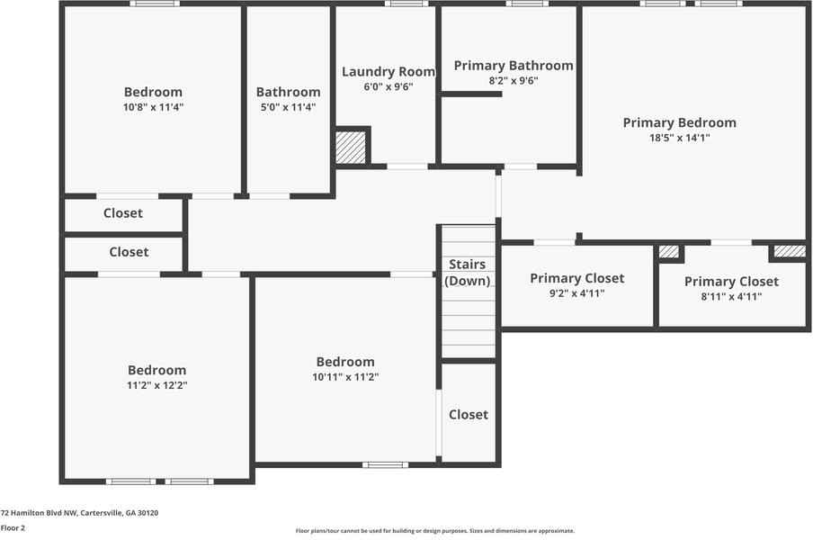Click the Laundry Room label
pyautogui.click(x=388, y=72)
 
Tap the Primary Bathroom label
pyautogui.click(x=513, y=66)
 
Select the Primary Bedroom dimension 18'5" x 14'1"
pyautogui.click(x=679, y=138)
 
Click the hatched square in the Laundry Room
pyautogui.click(x=351, y=148)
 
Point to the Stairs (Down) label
pyautogui.click(x=468, y=272)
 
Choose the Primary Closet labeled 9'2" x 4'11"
pyautogui.click(x=576, y=278)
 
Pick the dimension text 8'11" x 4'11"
pyautogui.click(x=730, y=296)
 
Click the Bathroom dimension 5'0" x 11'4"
pyautogui.click(x=288, y=107)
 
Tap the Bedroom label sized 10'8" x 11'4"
pyautogui.click(x=153, y=92)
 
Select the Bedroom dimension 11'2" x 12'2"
pyautogui.click(x=156, y=384)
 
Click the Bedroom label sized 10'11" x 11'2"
pyautogui.click(x=345, y=362)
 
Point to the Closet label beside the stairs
pyautogui.click(x=469, y=414)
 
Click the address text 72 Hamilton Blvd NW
pyautogui.click(x=79, y=512)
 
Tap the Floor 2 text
pyautogui.click(x=13, y=527)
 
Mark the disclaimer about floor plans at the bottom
pyautogui.click(x=435, y=531)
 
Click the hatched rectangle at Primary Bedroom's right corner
pyautogui.click(x=789, y=251)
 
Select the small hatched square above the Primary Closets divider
pyautogui.click(x=669, y=252)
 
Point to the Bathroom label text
pyautogui.click(x=288, y=92)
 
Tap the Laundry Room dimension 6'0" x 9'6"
pyautogui.click(x=388, y=87)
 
